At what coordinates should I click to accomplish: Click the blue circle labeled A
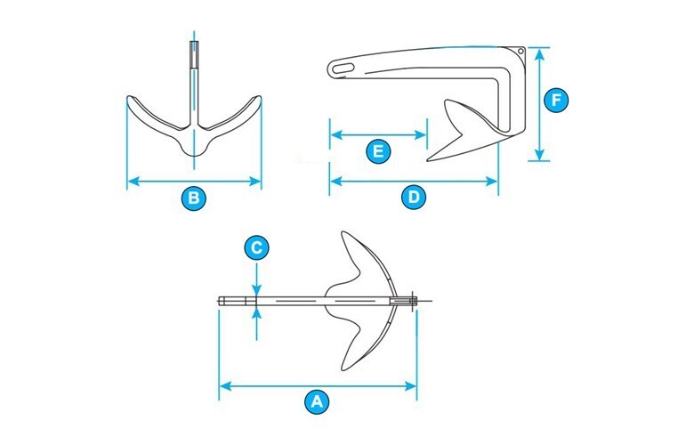(317, 402)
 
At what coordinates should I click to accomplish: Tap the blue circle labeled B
(194, 198)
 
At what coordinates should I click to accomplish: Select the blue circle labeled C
(257, 248)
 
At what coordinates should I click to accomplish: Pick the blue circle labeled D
(414, 197)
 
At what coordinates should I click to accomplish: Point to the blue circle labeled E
(378, 151)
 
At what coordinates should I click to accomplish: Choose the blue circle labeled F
(556, 100)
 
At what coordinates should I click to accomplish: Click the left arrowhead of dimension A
(226, 386)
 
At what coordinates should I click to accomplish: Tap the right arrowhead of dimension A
(410, 386)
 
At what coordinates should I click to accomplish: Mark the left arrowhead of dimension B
(133, 181)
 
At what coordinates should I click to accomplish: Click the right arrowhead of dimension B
(255, 181)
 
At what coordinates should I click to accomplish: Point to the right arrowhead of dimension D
(492, 181)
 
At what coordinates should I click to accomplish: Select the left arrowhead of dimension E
(336, 135)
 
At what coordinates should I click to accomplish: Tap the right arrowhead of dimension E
(421, 135)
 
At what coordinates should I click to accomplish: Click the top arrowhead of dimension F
(539, 54)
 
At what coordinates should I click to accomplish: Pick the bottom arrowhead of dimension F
(539, 154)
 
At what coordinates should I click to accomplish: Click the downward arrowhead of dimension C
(257, 289)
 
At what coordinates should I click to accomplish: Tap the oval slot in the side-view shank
(343, 69)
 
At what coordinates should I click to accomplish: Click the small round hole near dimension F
(520, 52)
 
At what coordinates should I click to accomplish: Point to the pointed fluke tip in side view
(428, 160)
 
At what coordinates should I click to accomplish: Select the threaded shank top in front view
(194, 54)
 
